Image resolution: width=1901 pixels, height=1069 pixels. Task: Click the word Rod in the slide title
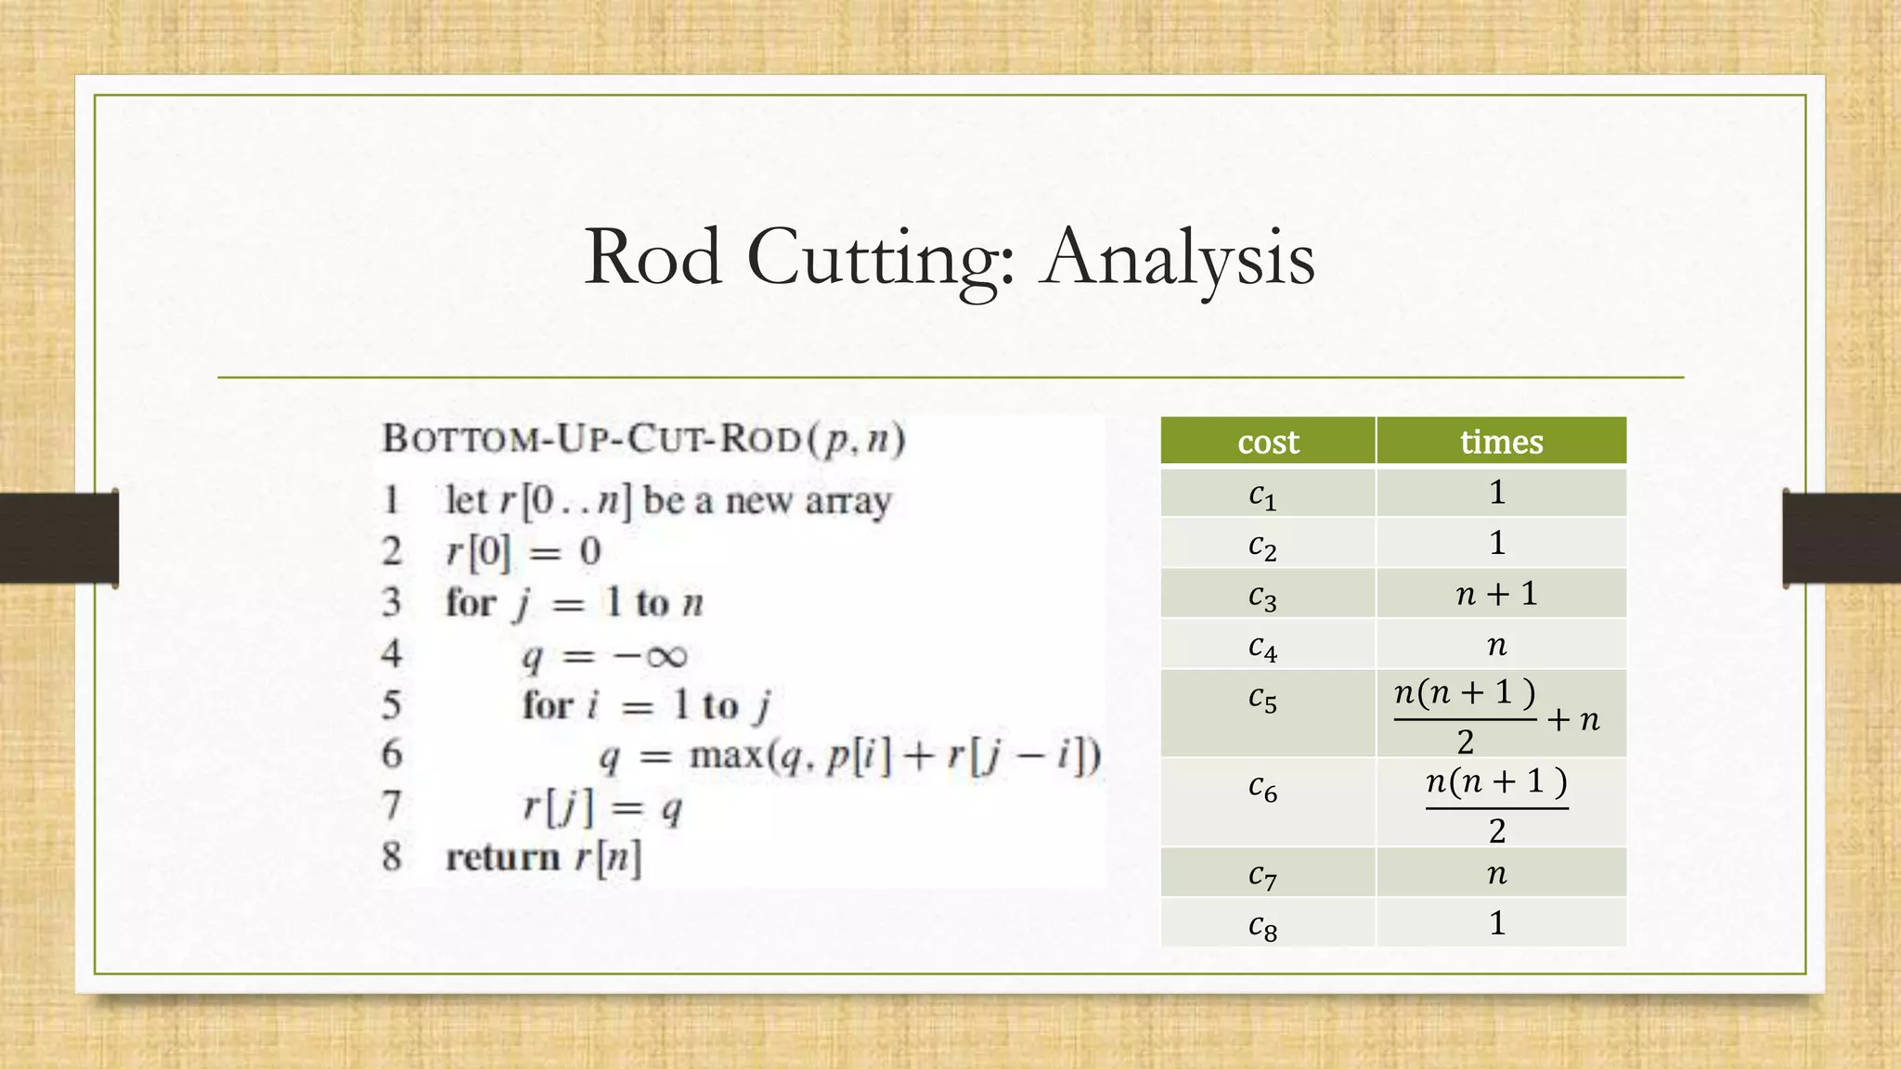[x=653, y=257]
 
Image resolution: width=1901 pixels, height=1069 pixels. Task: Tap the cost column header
[x=1268, y=442]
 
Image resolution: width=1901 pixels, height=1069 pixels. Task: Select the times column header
[x=1501, y=442]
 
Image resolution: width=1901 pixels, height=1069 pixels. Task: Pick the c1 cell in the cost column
[x=1262, y=495]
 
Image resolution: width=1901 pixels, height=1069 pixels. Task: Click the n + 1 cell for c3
[x=1496, y=594]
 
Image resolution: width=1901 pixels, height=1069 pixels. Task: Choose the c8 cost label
[x=1262, y=925]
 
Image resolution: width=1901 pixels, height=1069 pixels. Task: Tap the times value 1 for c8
[x=1496, y=923]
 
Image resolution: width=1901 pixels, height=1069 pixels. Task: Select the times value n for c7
[x=1496, y=874]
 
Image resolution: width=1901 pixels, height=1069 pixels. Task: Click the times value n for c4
[x=1496, y=646]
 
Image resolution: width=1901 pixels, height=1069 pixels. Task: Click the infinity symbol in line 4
[x=665, y=657]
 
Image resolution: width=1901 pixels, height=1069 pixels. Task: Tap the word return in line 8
[x=502, y=857]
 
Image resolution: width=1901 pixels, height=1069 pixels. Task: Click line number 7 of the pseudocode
[x=392, y=805]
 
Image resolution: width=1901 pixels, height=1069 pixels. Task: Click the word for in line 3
[x=471, y=603]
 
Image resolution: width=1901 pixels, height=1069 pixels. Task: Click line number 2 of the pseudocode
[x=392, y=552]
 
